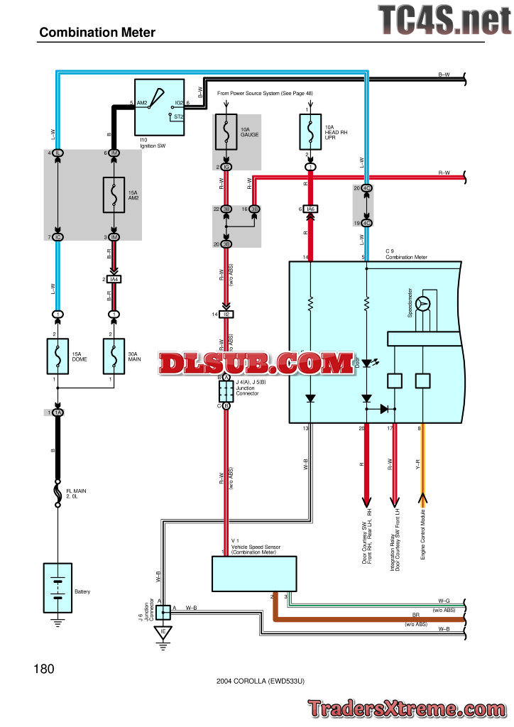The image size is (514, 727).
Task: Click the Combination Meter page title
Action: [97, 32]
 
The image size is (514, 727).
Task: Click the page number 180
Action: [43, 668]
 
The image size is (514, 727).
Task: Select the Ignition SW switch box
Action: [159, 107]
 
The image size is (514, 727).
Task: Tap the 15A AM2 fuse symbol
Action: [114, 195]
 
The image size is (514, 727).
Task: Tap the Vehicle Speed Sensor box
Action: [254, 574]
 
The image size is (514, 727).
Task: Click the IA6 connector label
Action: [310, 209]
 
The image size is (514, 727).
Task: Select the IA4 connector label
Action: [114, 279]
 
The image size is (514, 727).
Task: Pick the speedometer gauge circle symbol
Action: [425, 304]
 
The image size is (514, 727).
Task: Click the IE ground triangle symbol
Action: [164, 632]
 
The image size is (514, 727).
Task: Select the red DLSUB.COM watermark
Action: [256, 364]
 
